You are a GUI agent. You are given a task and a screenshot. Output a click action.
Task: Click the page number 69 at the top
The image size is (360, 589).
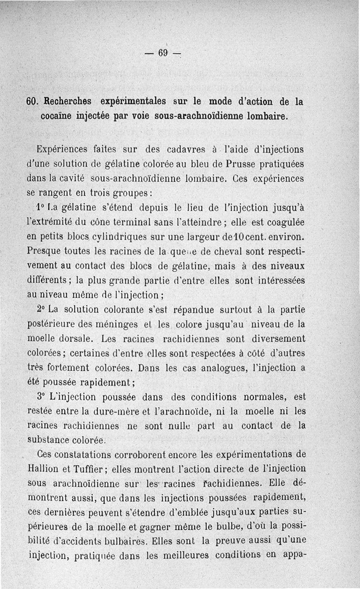coord(162,53)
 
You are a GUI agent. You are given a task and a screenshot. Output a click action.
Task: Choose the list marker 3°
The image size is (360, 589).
coord(43,397)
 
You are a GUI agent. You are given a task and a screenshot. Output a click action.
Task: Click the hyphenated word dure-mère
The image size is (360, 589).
coord(121,412)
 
